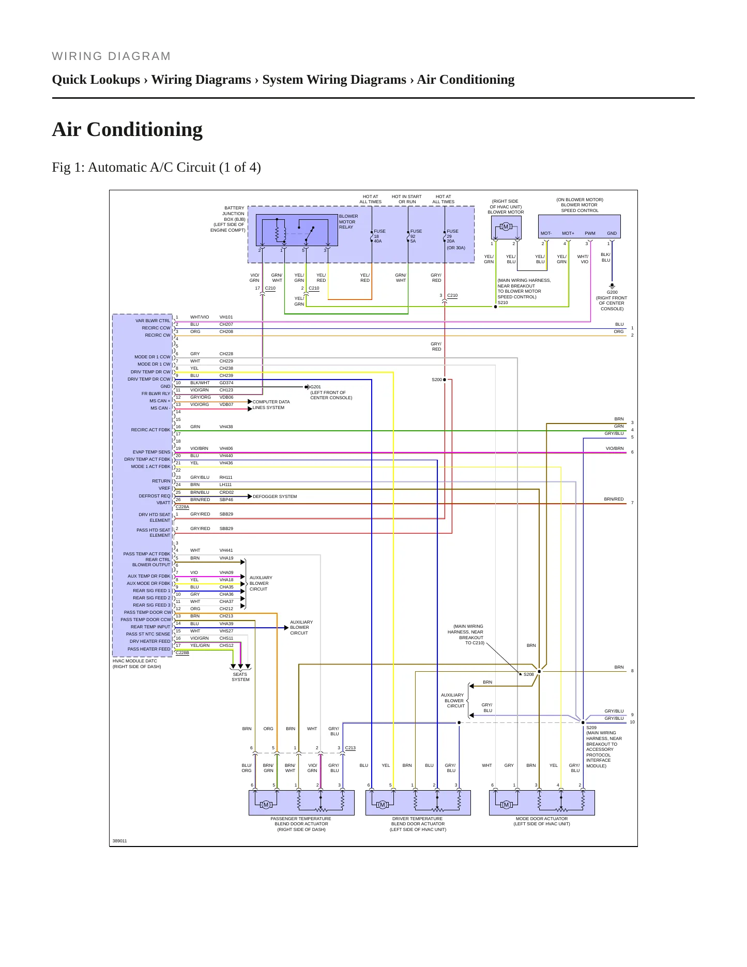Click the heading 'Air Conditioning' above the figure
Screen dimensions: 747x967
click(127, 129)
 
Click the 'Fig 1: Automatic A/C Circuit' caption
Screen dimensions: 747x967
click(156, 168)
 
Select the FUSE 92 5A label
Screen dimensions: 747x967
click(416, 236)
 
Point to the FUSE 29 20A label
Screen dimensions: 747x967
click(452, 236)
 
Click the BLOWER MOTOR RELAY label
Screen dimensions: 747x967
click(348, 222)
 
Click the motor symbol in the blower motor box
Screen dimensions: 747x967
click(506, 226)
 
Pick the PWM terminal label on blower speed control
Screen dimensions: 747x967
click(590, 233)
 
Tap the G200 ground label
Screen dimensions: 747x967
click(612, 292)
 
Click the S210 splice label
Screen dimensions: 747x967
click(503, 303)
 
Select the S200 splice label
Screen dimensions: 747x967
click(437, 380)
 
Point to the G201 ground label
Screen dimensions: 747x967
click(315, 387)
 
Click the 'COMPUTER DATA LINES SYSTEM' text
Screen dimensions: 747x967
click(271, 405)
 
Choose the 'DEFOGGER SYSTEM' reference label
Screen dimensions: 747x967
click(275, 496)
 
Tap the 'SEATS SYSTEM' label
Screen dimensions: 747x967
click(240, 677)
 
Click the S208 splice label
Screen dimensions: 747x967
click(528, 674)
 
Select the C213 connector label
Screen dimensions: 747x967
click(350, 748)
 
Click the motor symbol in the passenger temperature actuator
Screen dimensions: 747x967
click(266, 805)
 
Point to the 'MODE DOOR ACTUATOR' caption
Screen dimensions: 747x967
click(542, 819)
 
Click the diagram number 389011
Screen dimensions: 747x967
click(119, 841)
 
